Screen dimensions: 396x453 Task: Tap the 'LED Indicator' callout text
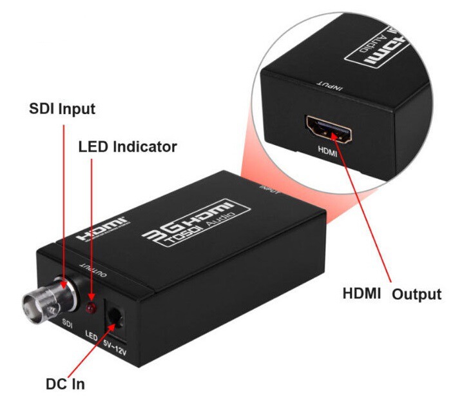click(x=128, y=147)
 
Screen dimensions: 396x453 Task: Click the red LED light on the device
click(x=92, y=306)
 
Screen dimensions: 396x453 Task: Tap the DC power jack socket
click(x=116, y=315)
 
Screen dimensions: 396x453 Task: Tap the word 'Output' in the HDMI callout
click(x=416, y=294)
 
